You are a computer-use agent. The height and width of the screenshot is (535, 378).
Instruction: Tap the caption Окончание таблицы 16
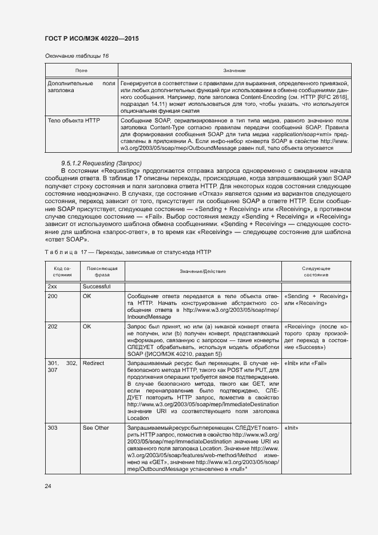[77, 56]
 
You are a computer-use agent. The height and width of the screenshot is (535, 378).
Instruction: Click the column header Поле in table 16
[81, 70]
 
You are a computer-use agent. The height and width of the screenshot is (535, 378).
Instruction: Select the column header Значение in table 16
[234, 70]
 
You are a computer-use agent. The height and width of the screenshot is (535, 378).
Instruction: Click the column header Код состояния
[62, 271]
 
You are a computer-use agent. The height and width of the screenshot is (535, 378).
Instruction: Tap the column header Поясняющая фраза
[102, 271]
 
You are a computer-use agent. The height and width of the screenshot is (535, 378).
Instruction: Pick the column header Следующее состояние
[316, 271]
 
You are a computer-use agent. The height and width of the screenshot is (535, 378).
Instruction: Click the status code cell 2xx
[52, 286]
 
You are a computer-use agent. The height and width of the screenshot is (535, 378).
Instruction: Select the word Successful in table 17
[96, 286]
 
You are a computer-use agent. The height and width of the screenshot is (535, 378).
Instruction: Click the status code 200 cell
[53, 296]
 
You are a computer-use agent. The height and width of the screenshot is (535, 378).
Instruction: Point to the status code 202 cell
[53, 326]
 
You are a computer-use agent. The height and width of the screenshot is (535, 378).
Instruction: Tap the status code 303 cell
[53, 427]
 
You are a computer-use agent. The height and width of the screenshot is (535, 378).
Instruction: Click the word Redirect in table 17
[93, 363]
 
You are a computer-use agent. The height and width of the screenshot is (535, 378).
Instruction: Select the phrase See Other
[96, 427]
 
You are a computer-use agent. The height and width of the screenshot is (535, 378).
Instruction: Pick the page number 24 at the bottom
[48, 486]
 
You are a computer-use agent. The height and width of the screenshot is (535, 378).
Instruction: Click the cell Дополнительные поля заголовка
[81, 86]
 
